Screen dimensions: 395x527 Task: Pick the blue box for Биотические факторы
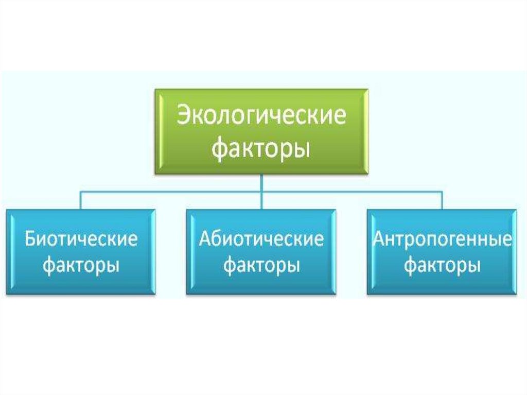tap(81, 252)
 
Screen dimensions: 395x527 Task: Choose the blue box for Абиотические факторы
tap(261, 252)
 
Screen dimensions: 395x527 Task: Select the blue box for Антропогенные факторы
tap(442, 252)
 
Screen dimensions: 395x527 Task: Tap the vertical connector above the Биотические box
tap(81, 200)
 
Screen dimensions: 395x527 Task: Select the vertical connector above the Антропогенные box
tap(442, 200)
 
